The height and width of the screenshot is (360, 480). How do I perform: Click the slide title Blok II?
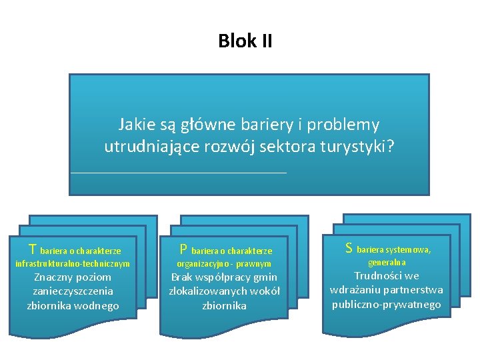245,41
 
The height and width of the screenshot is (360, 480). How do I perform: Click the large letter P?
183,250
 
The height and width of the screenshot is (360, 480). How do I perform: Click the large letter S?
349,249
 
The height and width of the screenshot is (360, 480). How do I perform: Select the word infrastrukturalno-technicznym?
72,264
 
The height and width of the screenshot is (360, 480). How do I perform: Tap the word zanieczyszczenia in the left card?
73,291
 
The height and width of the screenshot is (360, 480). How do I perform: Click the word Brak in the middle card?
183,277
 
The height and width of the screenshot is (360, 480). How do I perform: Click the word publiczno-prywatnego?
386,304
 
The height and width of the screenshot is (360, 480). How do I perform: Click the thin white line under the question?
178,173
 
